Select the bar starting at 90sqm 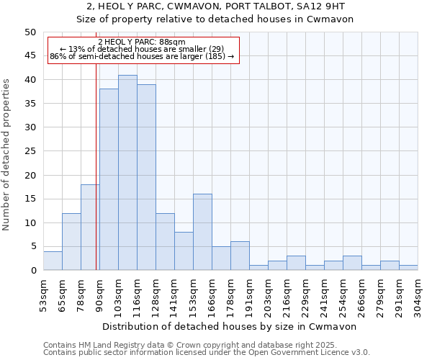[109, 180]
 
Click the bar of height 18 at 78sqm [90, 228]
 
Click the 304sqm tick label [418, 293]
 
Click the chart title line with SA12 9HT [215, 6]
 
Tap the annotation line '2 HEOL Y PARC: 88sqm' [142, 42]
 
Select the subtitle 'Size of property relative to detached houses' [215, 19]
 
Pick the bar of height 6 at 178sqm [240, 256]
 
